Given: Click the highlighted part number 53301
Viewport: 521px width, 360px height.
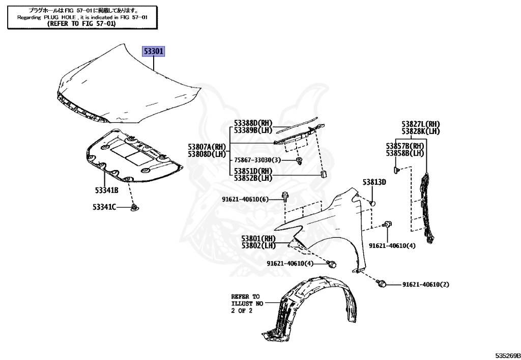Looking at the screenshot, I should point(153,51).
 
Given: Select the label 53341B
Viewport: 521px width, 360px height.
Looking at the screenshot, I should point(106,190).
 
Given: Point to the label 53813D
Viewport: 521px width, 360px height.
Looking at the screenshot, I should point(374,182).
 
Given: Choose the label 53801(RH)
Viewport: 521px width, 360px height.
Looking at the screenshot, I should point(258,238).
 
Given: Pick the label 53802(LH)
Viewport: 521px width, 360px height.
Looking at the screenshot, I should point(258,245).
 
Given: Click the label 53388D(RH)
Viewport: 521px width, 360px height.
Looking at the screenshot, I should point(253,123).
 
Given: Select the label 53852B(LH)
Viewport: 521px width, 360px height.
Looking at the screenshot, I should point(253,178).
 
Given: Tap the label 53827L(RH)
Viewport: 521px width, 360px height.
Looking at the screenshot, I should point(420,124).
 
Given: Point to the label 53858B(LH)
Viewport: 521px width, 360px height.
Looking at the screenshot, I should point(405,153).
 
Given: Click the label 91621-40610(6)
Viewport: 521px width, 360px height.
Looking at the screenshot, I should point(245,199).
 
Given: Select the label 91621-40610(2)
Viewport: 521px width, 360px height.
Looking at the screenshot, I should point(426,284).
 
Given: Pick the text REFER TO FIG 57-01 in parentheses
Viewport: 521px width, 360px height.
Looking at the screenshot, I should point(81,23).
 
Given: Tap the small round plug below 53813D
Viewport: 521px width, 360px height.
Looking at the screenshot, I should point(372,203).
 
